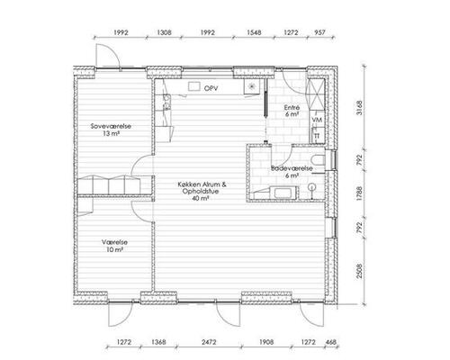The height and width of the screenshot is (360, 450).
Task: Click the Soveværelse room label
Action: (111, 126)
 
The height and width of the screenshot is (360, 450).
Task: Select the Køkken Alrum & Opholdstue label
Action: (202, 192)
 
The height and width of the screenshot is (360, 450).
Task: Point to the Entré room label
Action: (292, 107)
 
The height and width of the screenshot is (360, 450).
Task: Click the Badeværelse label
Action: (292, 168)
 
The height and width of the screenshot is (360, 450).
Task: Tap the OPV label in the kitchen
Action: (211, 88)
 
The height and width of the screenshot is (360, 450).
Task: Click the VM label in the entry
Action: (317, 120)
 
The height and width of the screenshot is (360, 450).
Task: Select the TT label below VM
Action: (317, 136)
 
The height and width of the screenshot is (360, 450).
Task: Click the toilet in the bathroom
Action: (318, 160)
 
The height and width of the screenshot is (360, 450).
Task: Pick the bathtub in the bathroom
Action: (283, 193)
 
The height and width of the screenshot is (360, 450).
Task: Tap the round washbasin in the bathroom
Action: (312, 187)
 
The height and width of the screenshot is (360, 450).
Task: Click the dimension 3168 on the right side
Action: (359, 108)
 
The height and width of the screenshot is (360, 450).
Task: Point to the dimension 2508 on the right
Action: (359, 271)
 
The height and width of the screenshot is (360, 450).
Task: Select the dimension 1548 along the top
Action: (254, 32)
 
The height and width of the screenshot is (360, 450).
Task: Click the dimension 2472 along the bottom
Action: (209, 342)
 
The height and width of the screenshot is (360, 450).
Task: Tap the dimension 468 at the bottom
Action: (330, 342)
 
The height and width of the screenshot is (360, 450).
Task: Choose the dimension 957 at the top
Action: (319, 32)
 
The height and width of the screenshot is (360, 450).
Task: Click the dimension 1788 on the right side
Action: (359, 193)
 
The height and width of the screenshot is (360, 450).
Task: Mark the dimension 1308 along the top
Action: (164, 32)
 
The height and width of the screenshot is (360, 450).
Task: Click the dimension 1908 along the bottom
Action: (266, 342)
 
